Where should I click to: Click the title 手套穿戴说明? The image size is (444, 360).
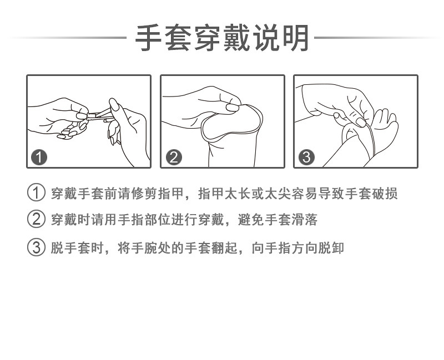click(222, 38)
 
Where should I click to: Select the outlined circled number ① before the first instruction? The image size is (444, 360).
click(36, 194)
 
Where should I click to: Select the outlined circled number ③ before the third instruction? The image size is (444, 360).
click(36, 247)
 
